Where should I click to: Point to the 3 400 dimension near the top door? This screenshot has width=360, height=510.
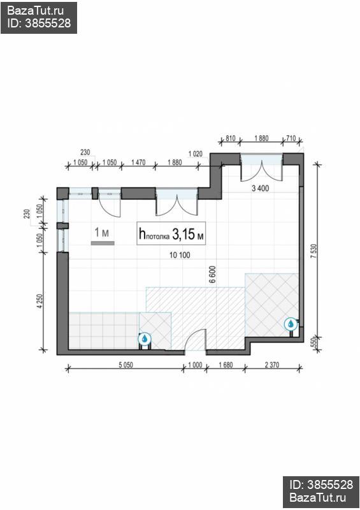(x=261, y=188)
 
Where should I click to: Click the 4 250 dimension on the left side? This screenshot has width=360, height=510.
(x=40, y=300)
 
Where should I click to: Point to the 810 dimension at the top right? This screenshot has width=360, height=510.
(x=231, y=138)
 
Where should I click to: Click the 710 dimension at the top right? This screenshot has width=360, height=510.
(x=291, y=138)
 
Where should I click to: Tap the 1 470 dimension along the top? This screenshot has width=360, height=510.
(x=139, y=163)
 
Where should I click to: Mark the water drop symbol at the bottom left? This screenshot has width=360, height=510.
(x=145, y=339)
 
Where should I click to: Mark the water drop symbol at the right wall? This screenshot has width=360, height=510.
(x=291, y=324)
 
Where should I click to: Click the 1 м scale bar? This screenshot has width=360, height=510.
(x=101, y=242)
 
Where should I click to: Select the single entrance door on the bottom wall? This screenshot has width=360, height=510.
(x=194, y=341)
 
